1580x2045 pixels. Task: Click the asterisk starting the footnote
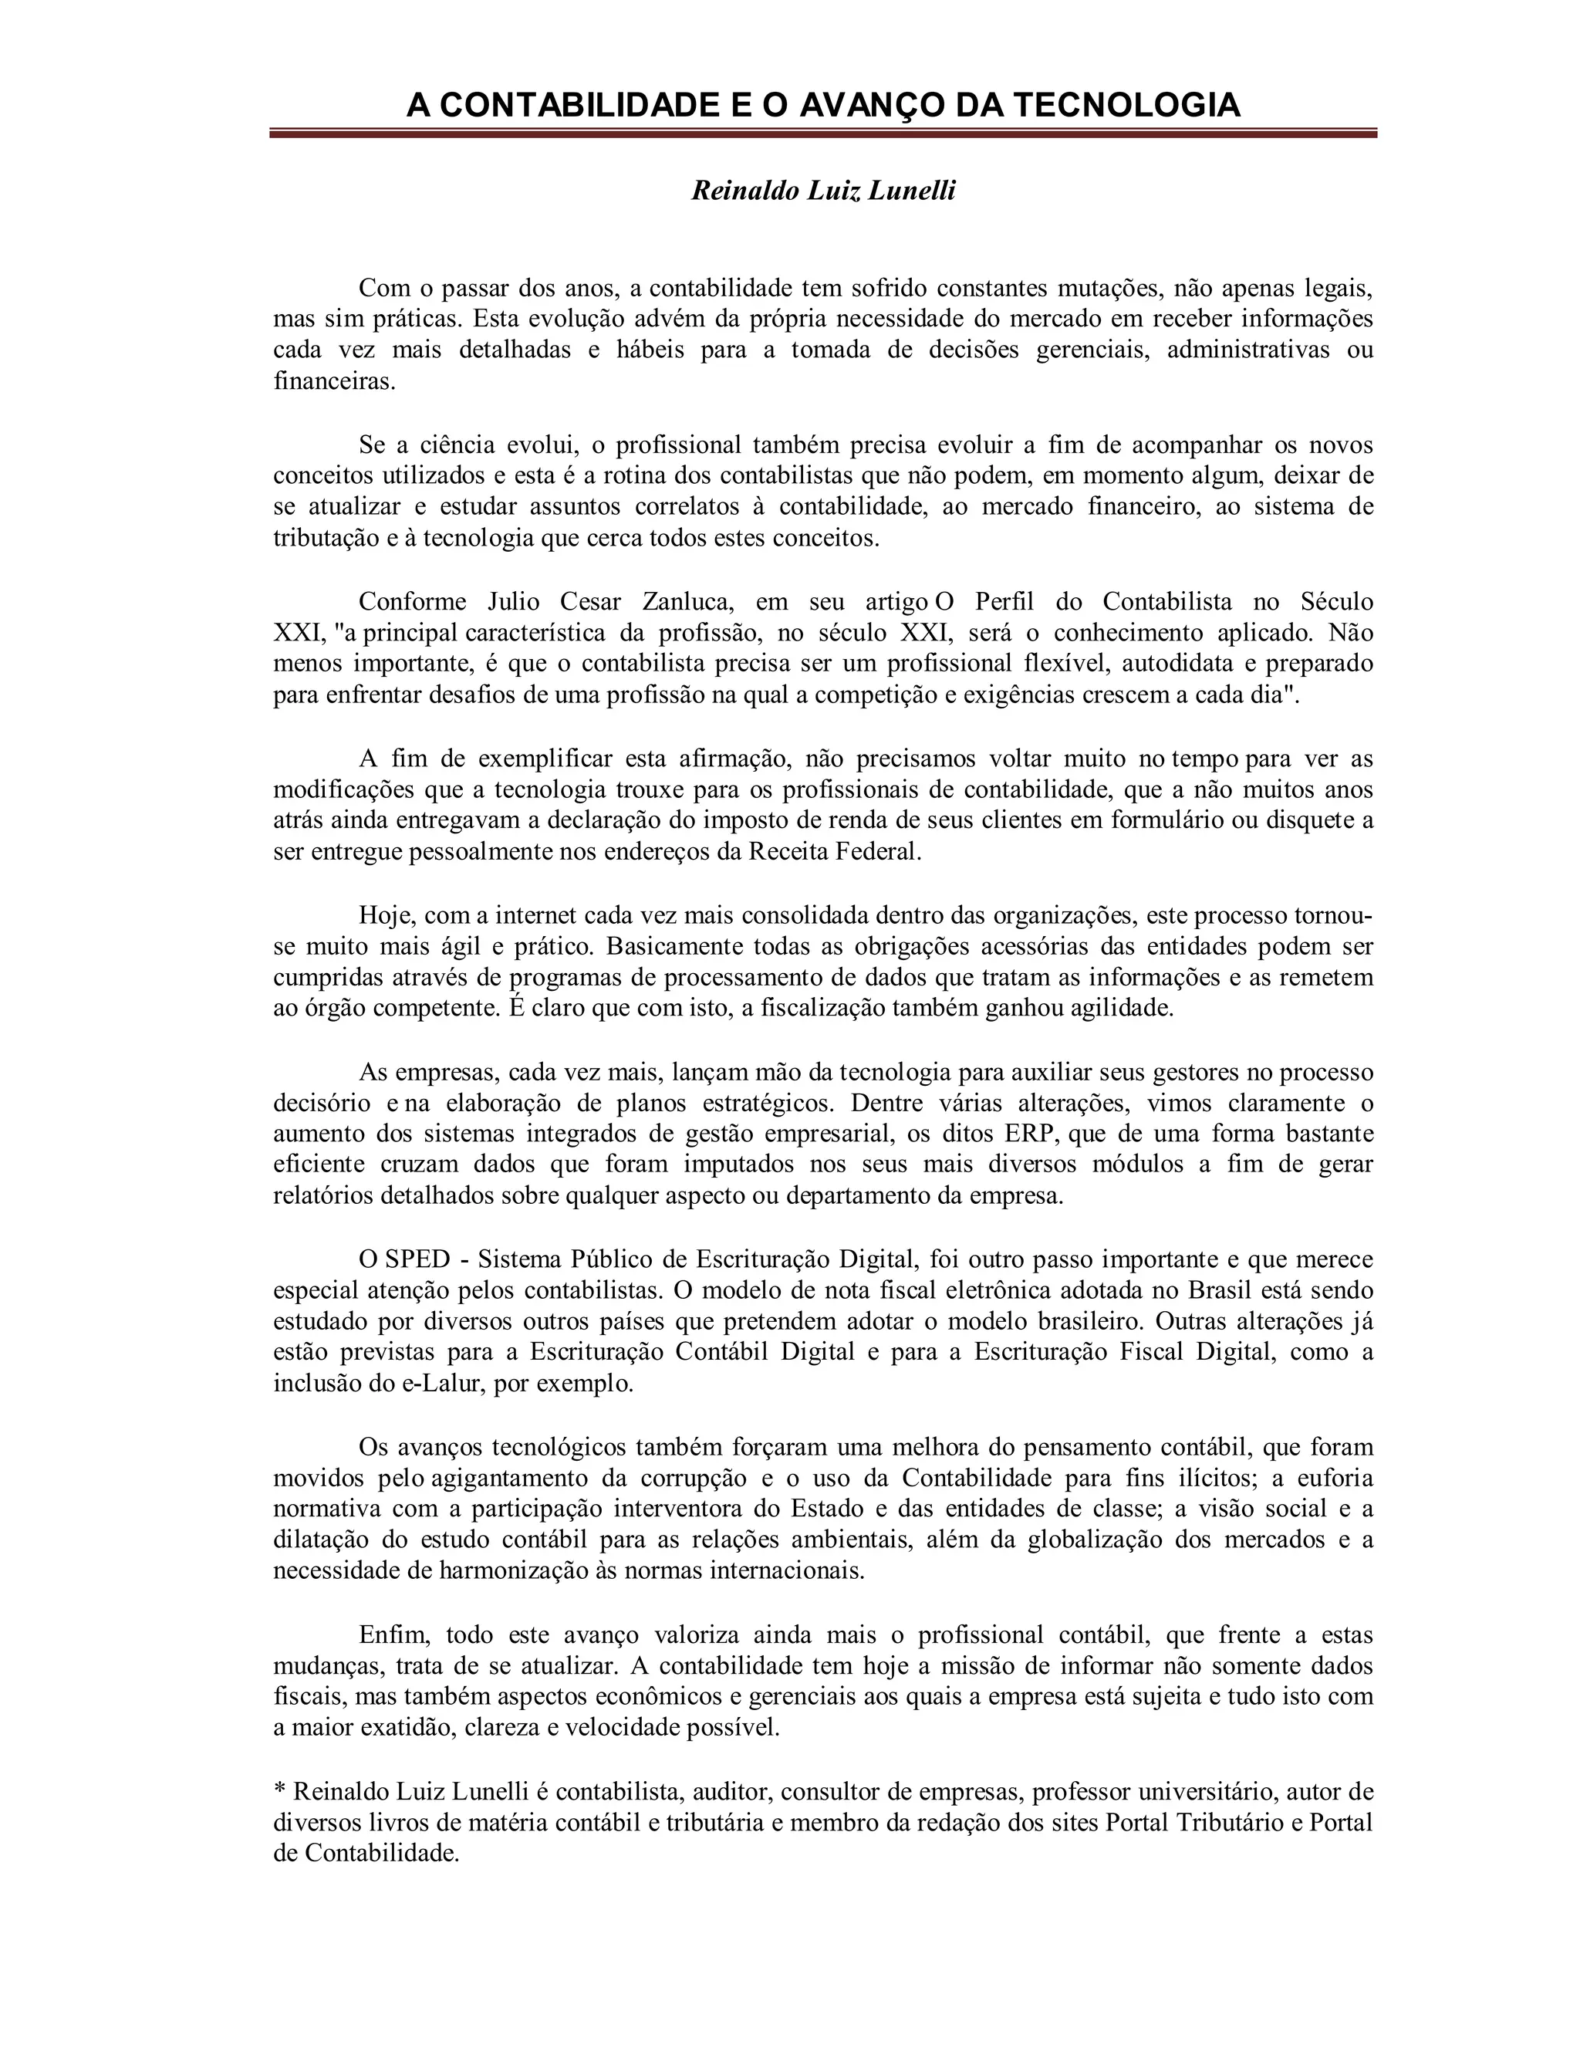279,1790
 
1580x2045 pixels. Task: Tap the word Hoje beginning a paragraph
386,914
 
